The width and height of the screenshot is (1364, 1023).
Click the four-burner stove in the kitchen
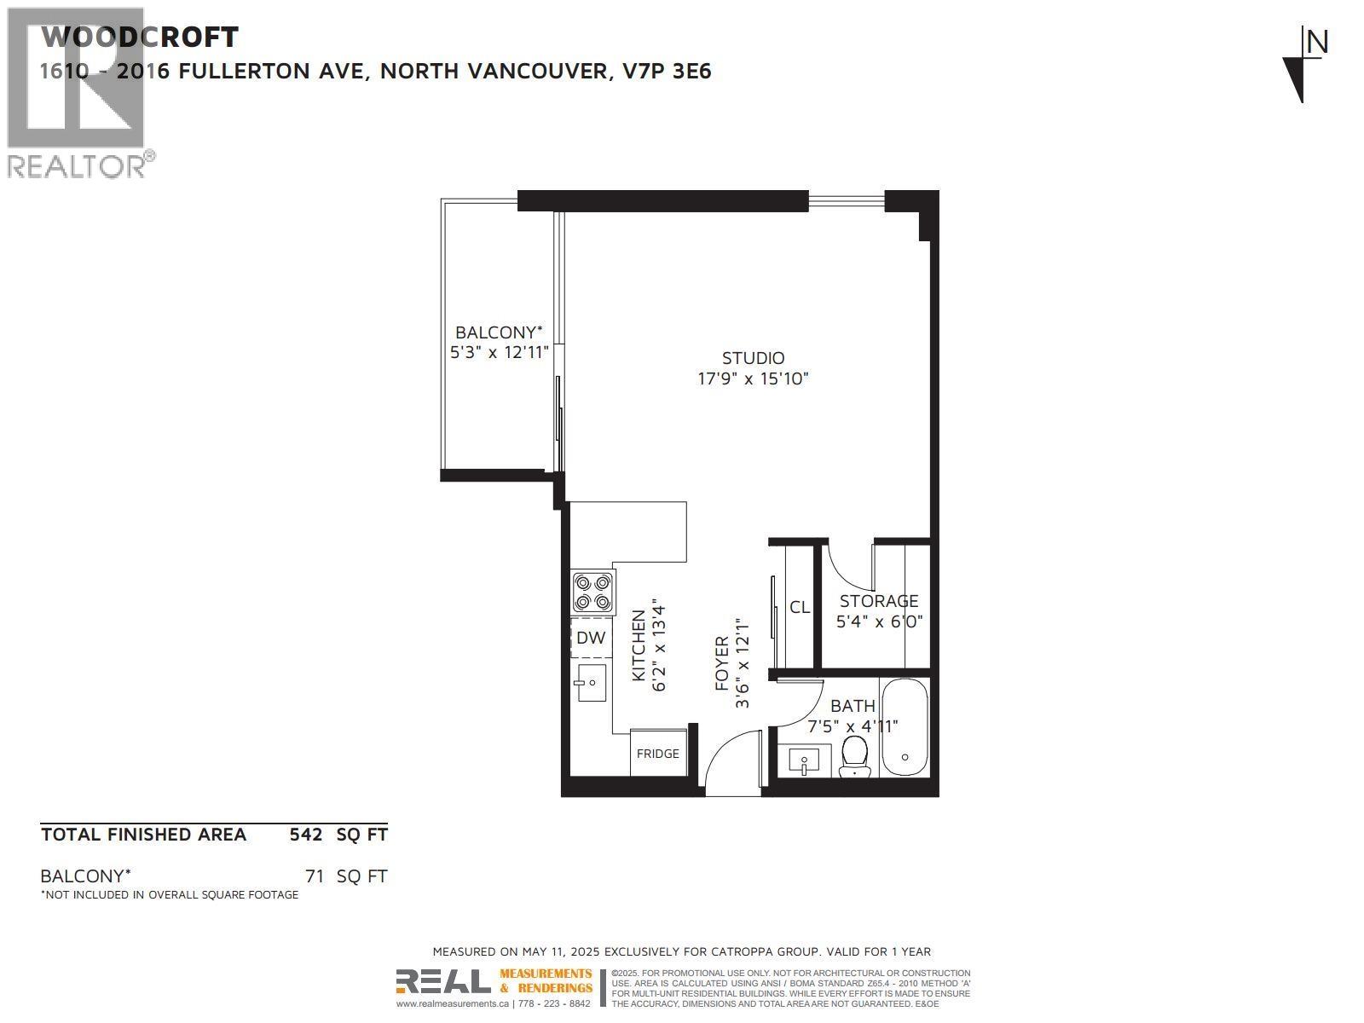(x=592, y=592)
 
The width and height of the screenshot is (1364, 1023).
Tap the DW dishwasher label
(x=591, y=638)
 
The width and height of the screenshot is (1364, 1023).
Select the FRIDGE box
(x=658, y=754)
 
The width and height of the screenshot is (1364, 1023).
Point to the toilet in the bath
(x=853, y=755)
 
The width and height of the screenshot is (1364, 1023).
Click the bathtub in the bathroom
(x=905, y=727)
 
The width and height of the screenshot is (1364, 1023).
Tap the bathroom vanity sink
(x=804, y=760)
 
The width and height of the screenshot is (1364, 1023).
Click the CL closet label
(x=800, y=607)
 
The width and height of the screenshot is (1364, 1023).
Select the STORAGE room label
(x=879, y=601)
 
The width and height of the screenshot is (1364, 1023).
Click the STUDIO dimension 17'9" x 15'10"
(x=753, y=379)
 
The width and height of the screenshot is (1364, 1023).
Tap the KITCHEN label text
(x=638, y=646)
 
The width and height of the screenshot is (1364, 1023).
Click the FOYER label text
(x=722, y=663)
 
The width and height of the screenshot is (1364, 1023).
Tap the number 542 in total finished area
(x=306, y=835)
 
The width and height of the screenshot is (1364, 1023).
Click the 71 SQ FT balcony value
(x=346, y=876)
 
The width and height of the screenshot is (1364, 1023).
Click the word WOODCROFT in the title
(x=140, y=38)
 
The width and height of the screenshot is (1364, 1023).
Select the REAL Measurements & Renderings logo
(x=494, y=982)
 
